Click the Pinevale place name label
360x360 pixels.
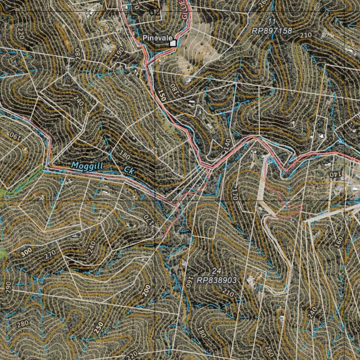click(157, 38)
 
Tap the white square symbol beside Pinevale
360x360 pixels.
click(173, 43)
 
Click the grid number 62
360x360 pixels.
click(155, 12)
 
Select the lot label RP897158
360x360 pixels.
click(272, 31)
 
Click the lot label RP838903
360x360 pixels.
click(216, 280)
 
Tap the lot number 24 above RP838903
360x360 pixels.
click(216, 271)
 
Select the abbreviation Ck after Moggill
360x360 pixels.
click(129, 171)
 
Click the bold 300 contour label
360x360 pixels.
click(26, 252)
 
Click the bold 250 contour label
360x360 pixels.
click(100, 327)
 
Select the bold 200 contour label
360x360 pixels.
click(147, 290)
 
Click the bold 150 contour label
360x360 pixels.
click(161, 96)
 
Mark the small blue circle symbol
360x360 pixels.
click(270, 160)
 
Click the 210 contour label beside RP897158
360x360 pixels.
click(306, 35)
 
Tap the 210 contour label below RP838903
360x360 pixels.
click(228, 292)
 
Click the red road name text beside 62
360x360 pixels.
click(185, 11)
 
